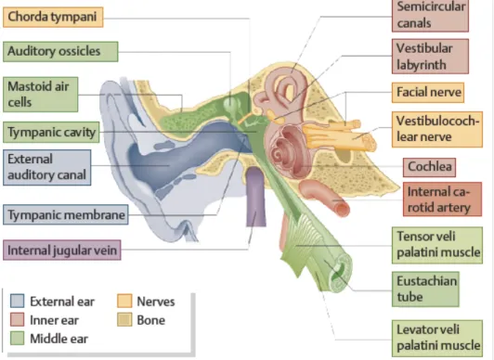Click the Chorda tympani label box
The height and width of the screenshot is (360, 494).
point(53,17)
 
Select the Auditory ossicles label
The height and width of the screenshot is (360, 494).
point(60,51)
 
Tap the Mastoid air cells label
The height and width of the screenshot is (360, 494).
point(40,94)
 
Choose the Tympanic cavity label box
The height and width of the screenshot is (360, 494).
point(51,132)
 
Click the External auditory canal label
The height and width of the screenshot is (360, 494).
point(47,167)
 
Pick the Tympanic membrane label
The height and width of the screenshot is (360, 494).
point(66,214)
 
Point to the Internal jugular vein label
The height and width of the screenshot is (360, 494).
point(61,251)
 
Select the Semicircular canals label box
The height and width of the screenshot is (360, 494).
point(430,15)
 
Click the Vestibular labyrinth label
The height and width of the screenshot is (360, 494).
point(430,57)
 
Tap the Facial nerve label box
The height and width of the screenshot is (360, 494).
point(428,93)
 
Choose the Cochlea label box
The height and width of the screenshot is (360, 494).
point(429,167)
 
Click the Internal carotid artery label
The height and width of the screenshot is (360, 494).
point(442,199)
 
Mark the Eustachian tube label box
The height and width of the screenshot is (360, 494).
point(425,289)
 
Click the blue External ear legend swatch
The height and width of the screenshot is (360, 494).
point(17,301)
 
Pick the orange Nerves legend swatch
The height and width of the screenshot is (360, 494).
point(124,301)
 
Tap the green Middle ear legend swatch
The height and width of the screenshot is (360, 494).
point(17,339)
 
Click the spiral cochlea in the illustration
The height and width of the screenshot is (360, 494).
point(288,151)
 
